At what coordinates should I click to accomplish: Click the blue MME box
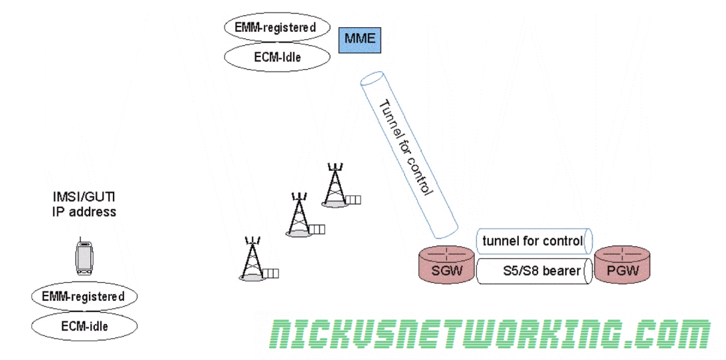pos(359,39)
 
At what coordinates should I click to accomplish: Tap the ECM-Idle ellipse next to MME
pos(277,57)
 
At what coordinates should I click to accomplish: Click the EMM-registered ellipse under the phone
pos(83,296)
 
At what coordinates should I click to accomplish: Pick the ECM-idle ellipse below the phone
pos(84,326)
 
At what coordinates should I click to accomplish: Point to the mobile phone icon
pos(84,258)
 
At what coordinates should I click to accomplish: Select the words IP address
pos(84,212)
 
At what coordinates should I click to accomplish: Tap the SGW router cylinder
pos(445,264)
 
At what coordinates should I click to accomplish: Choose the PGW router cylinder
pos(621,264)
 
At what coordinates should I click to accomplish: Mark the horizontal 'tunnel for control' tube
pos(534,241)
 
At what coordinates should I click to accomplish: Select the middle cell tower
pos(299,215)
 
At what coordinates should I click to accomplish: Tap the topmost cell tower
pos(335,184)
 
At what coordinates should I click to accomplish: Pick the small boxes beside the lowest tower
pos(270,273)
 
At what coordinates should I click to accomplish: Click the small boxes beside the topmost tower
pos(353,199)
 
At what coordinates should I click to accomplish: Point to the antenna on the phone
pos(80,239)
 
